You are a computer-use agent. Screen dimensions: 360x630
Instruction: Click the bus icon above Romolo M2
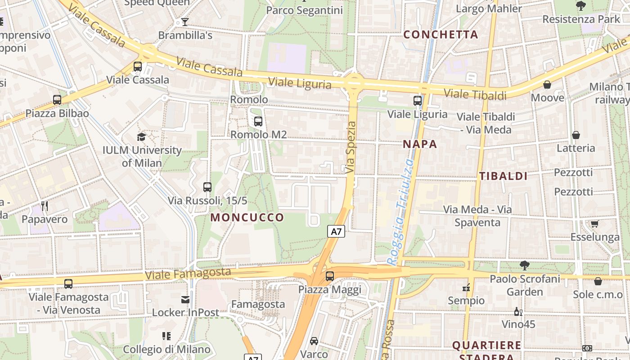(x=258, y=121)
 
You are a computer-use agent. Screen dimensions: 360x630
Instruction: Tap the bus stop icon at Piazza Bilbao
(x=57, y=100)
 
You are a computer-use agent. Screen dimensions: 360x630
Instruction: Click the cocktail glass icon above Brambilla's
(x=185, y=22)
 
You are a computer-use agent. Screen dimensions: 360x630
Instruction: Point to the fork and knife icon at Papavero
(x=45, y=206)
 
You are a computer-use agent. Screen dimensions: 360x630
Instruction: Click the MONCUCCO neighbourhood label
(x=247, y=218)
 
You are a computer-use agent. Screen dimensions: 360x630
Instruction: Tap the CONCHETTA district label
(x=441, y=34)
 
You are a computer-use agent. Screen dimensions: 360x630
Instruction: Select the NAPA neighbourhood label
(x=420, y=144)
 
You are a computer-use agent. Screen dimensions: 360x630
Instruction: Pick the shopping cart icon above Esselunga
(x=594, y=224)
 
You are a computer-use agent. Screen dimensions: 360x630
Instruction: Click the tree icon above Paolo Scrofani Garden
(x=524, y=265)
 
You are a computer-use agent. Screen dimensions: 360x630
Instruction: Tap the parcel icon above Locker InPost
(x=185, y=299)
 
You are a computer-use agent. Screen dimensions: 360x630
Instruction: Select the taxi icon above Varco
(x=314, y=341)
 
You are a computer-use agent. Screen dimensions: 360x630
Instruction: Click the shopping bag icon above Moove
(x=547, y=85)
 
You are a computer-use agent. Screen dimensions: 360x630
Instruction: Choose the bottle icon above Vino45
(x=518, y=311)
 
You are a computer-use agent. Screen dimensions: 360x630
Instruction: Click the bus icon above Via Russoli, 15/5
(x=207, y=187)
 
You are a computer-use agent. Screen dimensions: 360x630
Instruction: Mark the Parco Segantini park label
(x=305, y=10)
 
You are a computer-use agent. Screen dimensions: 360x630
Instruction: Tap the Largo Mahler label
(x=489, y=9)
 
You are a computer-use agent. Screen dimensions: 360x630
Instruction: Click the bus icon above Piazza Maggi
(x=330, y=276)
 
